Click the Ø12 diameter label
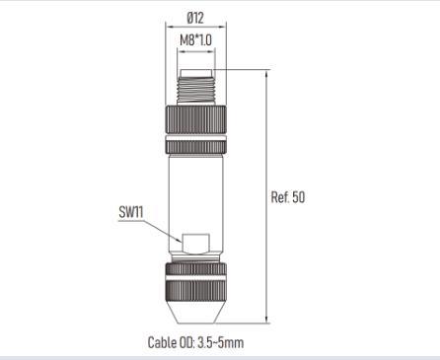(x=195, y=18)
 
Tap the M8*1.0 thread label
(x=196, y=40)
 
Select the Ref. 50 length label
(x=288, y=197)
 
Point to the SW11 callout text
(x=131, y=212)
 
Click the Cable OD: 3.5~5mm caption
(x=195, y=342)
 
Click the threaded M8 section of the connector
(x=196, y=91)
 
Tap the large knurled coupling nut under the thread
(x=195, y=119)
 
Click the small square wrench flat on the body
(x=196, y=244)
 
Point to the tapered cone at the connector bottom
(x=195, y=312)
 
